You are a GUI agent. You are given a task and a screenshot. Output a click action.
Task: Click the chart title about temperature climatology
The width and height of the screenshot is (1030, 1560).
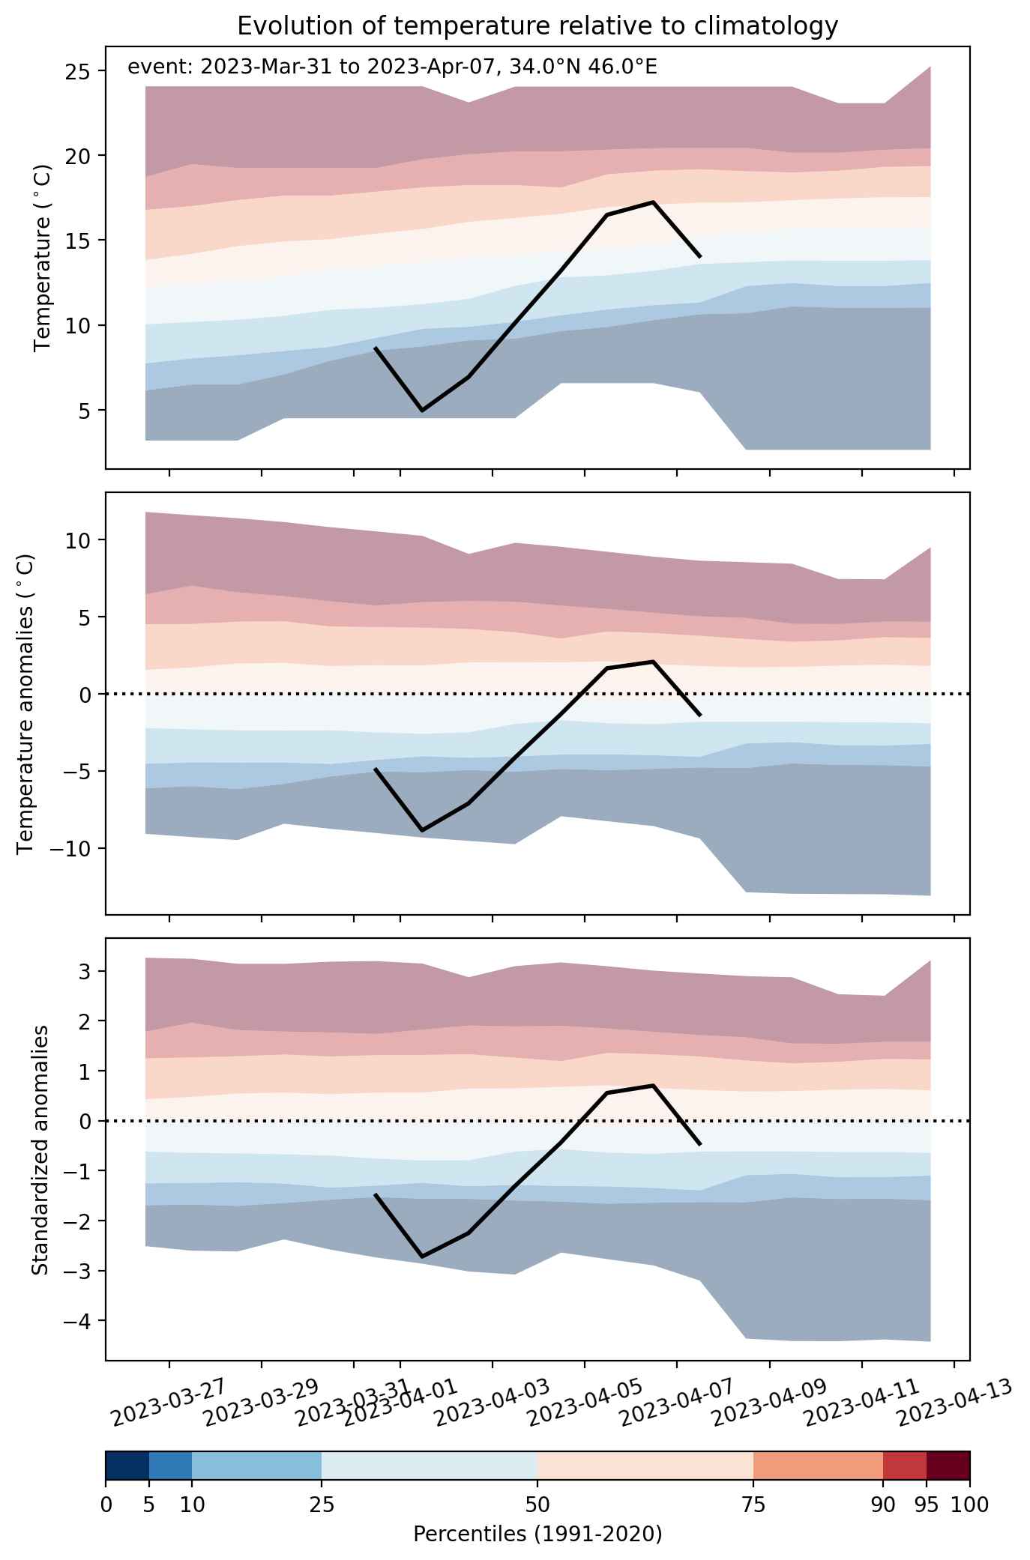click(537, 26)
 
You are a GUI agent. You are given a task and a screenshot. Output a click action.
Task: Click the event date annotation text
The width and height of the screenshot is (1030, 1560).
click(393, 67)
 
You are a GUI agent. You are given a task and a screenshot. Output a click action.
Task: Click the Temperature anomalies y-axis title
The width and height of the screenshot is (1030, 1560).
click(26, 703)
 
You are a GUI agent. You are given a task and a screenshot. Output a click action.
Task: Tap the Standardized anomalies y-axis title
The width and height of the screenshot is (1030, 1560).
click(40, 1150)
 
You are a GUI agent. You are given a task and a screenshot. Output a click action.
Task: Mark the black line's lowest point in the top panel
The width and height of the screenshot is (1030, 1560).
click(422, 411)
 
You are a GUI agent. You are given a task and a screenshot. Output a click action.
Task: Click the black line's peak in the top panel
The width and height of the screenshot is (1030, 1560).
click(653, 202)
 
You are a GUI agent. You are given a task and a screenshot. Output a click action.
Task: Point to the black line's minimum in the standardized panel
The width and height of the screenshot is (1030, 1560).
click(422, 1257)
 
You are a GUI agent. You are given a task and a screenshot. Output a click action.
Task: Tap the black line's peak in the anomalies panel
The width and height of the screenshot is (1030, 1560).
click(653, 662)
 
